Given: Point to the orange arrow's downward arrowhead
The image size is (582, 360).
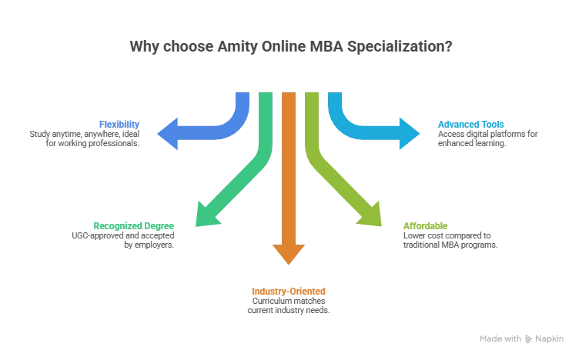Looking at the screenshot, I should (288, 253).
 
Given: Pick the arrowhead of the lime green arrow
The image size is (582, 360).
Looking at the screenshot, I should (372, 215).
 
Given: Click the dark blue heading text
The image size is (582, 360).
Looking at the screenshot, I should (119, 124).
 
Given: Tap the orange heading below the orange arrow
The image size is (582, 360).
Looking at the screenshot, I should (288, 292).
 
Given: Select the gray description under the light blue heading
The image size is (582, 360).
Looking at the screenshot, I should (488, 137).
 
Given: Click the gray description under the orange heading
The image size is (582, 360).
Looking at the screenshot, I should (288, 305).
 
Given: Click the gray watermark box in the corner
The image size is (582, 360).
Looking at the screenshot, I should (522, 338).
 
